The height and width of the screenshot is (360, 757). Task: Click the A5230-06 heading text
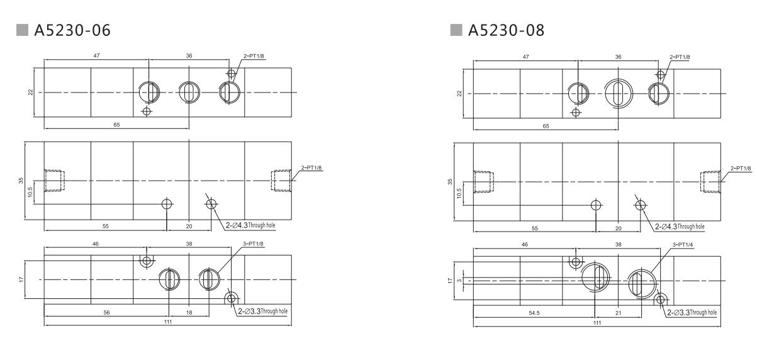click(x=72, y=30)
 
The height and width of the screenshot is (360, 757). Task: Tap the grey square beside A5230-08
click(x=456, y=30)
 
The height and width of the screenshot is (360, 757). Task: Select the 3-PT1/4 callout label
click(x=683, y=244)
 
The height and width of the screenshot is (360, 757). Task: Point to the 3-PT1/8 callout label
click(x=253, y=244)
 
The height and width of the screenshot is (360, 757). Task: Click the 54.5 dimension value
click(x=534, y=313)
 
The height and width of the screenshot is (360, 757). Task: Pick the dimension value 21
click(x=618, y=313)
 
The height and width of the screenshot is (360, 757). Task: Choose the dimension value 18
click(x=189, y=312)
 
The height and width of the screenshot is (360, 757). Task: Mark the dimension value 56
click(x=106, y=312)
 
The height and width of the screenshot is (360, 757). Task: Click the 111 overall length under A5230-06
click(x=168, y=322)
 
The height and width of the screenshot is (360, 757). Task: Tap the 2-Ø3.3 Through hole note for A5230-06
click(x=262, y=311)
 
